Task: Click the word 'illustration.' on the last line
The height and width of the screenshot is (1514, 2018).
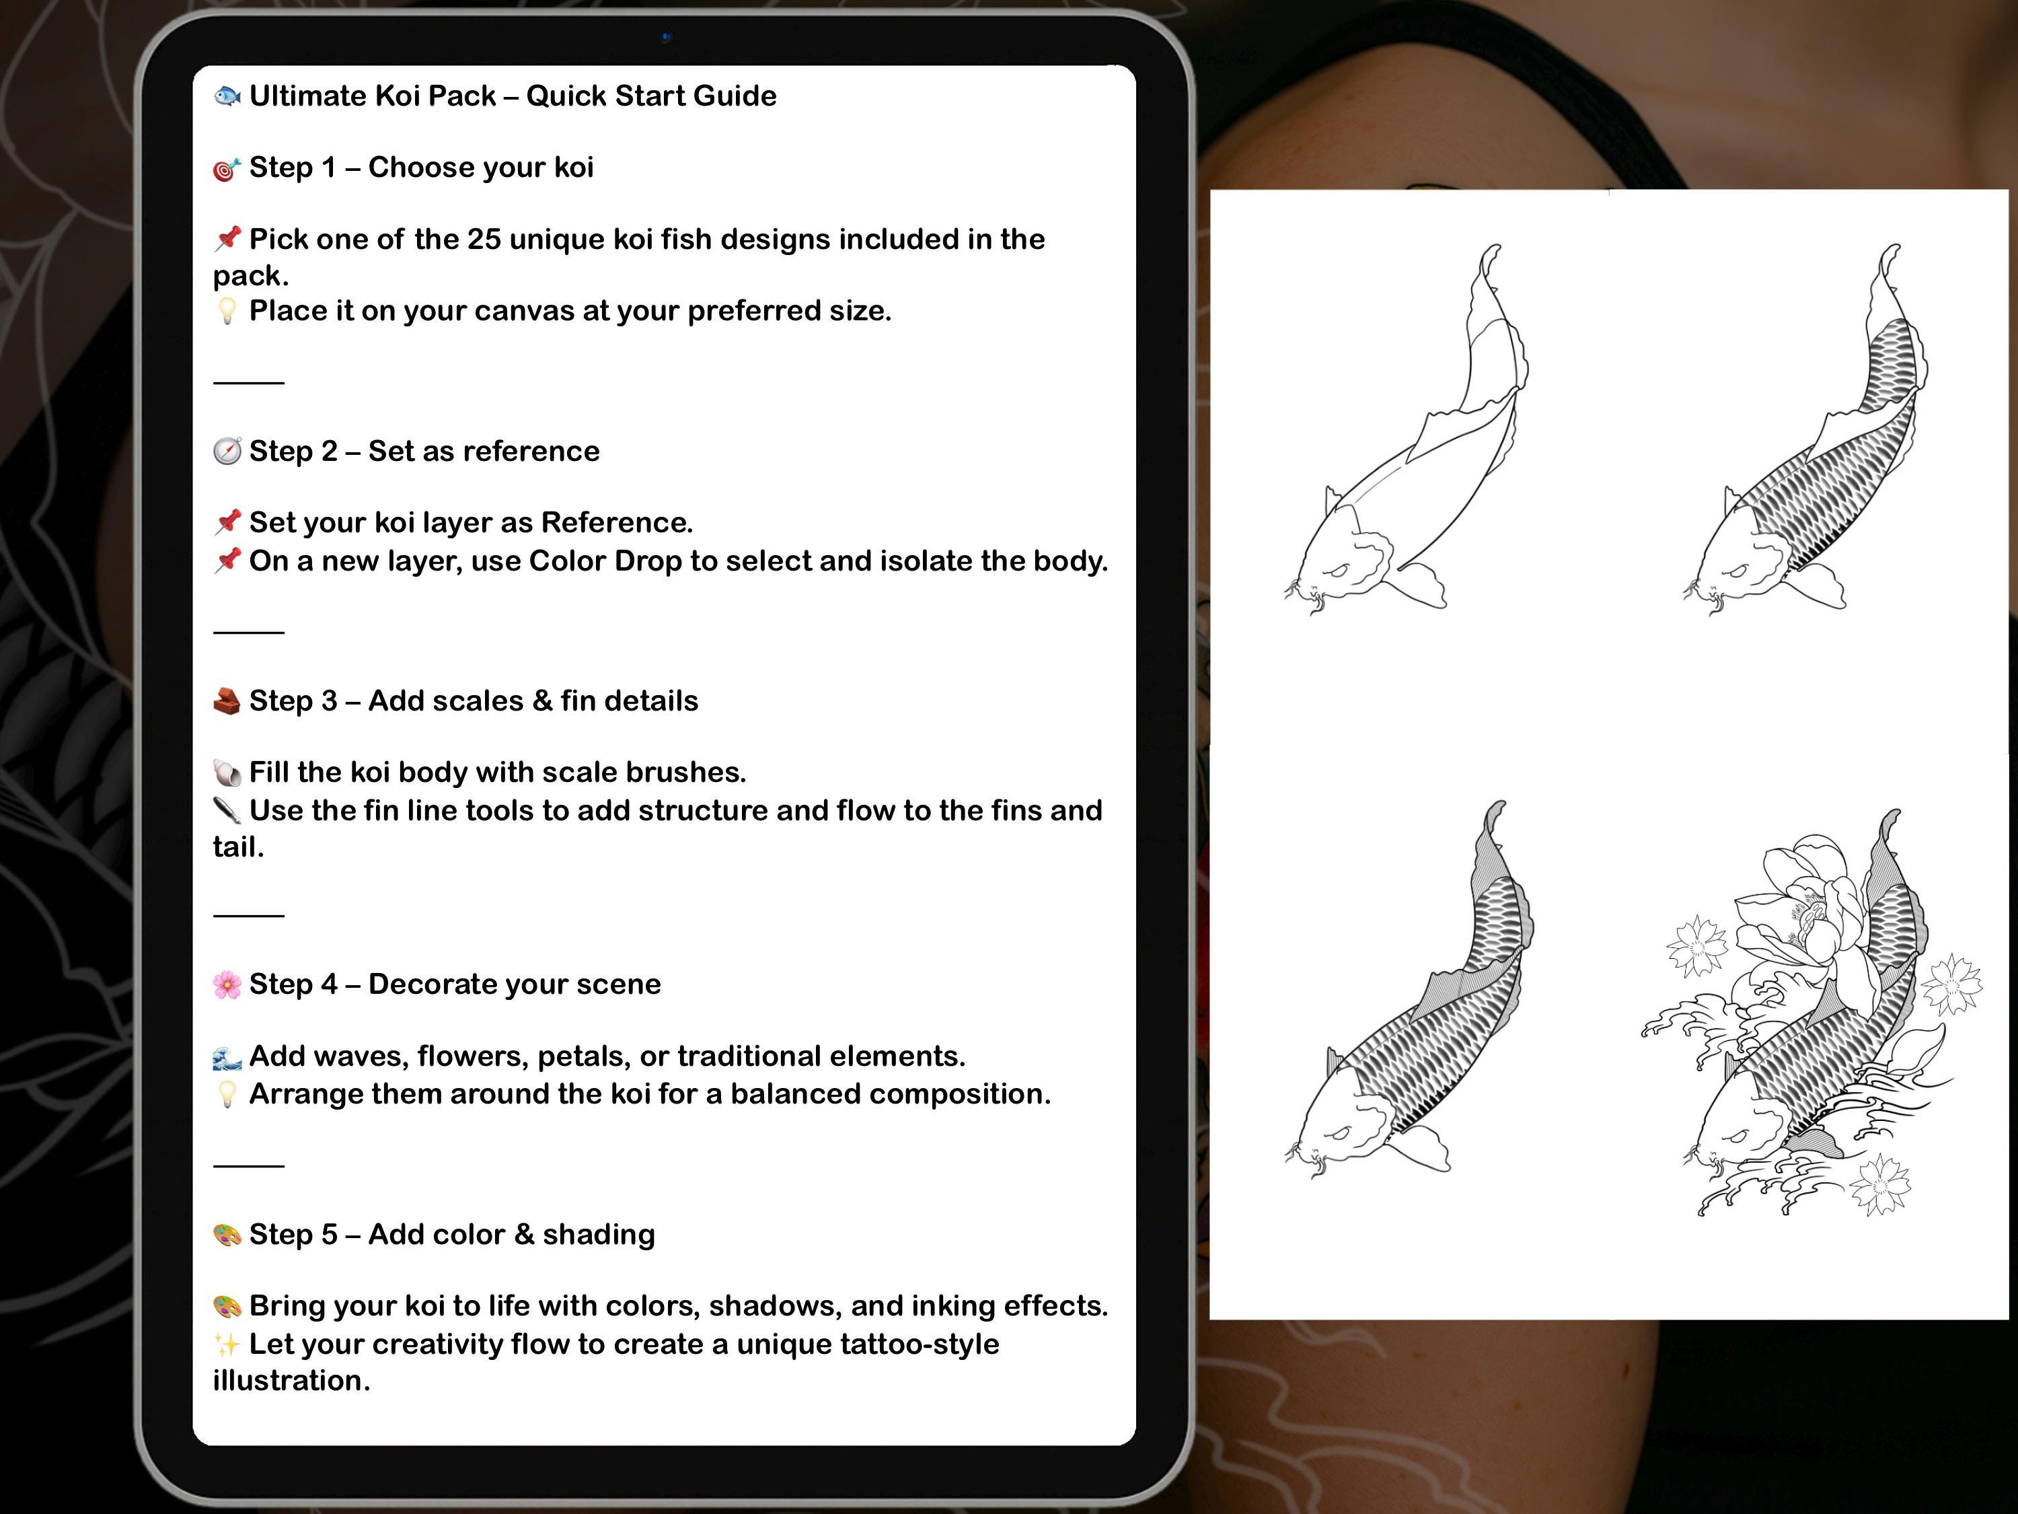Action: (292, 1381)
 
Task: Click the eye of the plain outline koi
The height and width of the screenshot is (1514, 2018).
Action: (1337, 571)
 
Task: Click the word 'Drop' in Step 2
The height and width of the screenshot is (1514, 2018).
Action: (648, 561)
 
